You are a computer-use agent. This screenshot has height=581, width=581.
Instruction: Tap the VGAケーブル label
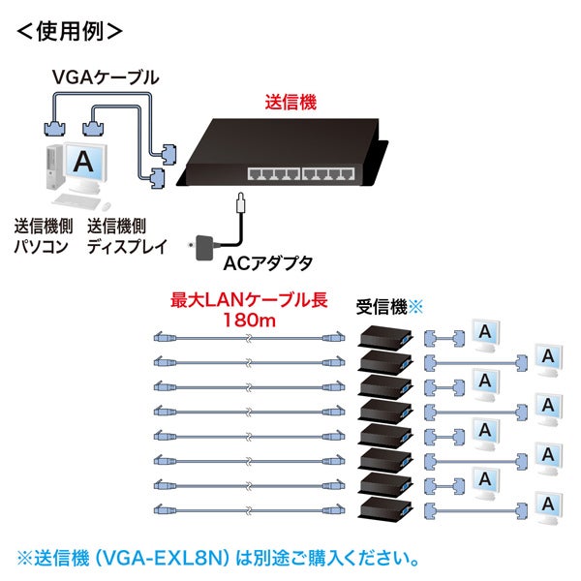click(106, 75)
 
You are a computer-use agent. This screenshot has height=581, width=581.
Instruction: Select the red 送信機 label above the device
click(291, 101)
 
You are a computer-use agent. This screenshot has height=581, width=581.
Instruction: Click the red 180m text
click(249, 320)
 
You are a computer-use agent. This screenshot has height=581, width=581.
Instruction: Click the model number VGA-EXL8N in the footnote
click(176, 560)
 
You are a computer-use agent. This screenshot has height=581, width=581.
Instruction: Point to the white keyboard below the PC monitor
click(78, 201)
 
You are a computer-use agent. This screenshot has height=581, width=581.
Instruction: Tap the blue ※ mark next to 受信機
click(417, 306)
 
